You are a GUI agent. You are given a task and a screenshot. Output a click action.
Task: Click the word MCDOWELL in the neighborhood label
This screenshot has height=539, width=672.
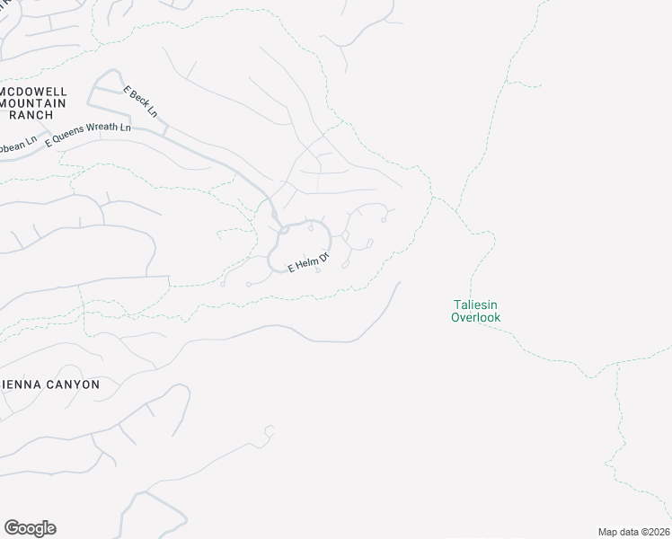pos(34,92)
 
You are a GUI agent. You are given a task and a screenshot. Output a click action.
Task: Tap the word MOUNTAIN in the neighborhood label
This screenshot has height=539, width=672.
pos(34,103)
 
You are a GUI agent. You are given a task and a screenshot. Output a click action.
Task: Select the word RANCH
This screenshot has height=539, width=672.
pos(34,115)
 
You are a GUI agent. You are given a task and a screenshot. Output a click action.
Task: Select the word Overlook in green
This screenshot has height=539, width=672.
pos(475,317)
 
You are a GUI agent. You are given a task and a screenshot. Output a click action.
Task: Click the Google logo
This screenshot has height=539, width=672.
pos(30,528)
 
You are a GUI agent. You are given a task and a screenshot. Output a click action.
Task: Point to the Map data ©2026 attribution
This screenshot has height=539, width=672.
pos(634,532)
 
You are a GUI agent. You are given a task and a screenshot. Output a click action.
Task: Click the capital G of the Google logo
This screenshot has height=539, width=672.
pos(12,528)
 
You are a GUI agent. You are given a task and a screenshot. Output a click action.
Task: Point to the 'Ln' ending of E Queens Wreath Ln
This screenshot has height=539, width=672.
pos(125,127)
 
